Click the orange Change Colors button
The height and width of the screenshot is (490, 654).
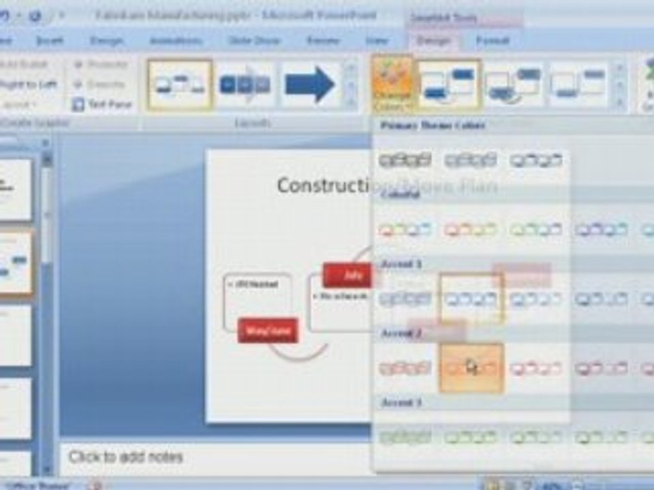click(393, 84)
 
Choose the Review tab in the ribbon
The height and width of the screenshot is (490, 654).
click(323, 41)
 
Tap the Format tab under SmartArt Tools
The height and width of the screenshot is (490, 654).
click(493, 41)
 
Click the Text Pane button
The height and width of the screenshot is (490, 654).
click(102, 105)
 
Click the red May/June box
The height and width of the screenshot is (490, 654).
click(268, 331)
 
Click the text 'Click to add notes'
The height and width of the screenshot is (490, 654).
click(126, 457)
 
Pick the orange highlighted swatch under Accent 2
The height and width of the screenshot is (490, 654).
click(471, 367)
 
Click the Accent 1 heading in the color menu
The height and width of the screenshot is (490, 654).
click(401, 264)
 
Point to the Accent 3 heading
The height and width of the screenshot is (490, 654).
click(401, 403)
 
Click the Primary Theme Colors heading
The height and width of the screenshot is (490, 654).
click(433, 126)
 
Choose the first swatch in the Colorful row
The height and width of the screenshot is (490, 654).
click(405, 230)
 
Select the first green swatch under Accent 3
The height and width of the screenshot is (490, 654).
click(405, 437)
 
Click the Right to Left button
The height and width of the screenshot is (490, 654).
click(29, 84)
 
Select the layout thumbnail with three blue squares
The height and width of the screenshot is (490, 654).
click(245, 84)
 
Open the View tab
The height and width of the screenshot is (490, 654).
click(377, 41)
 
